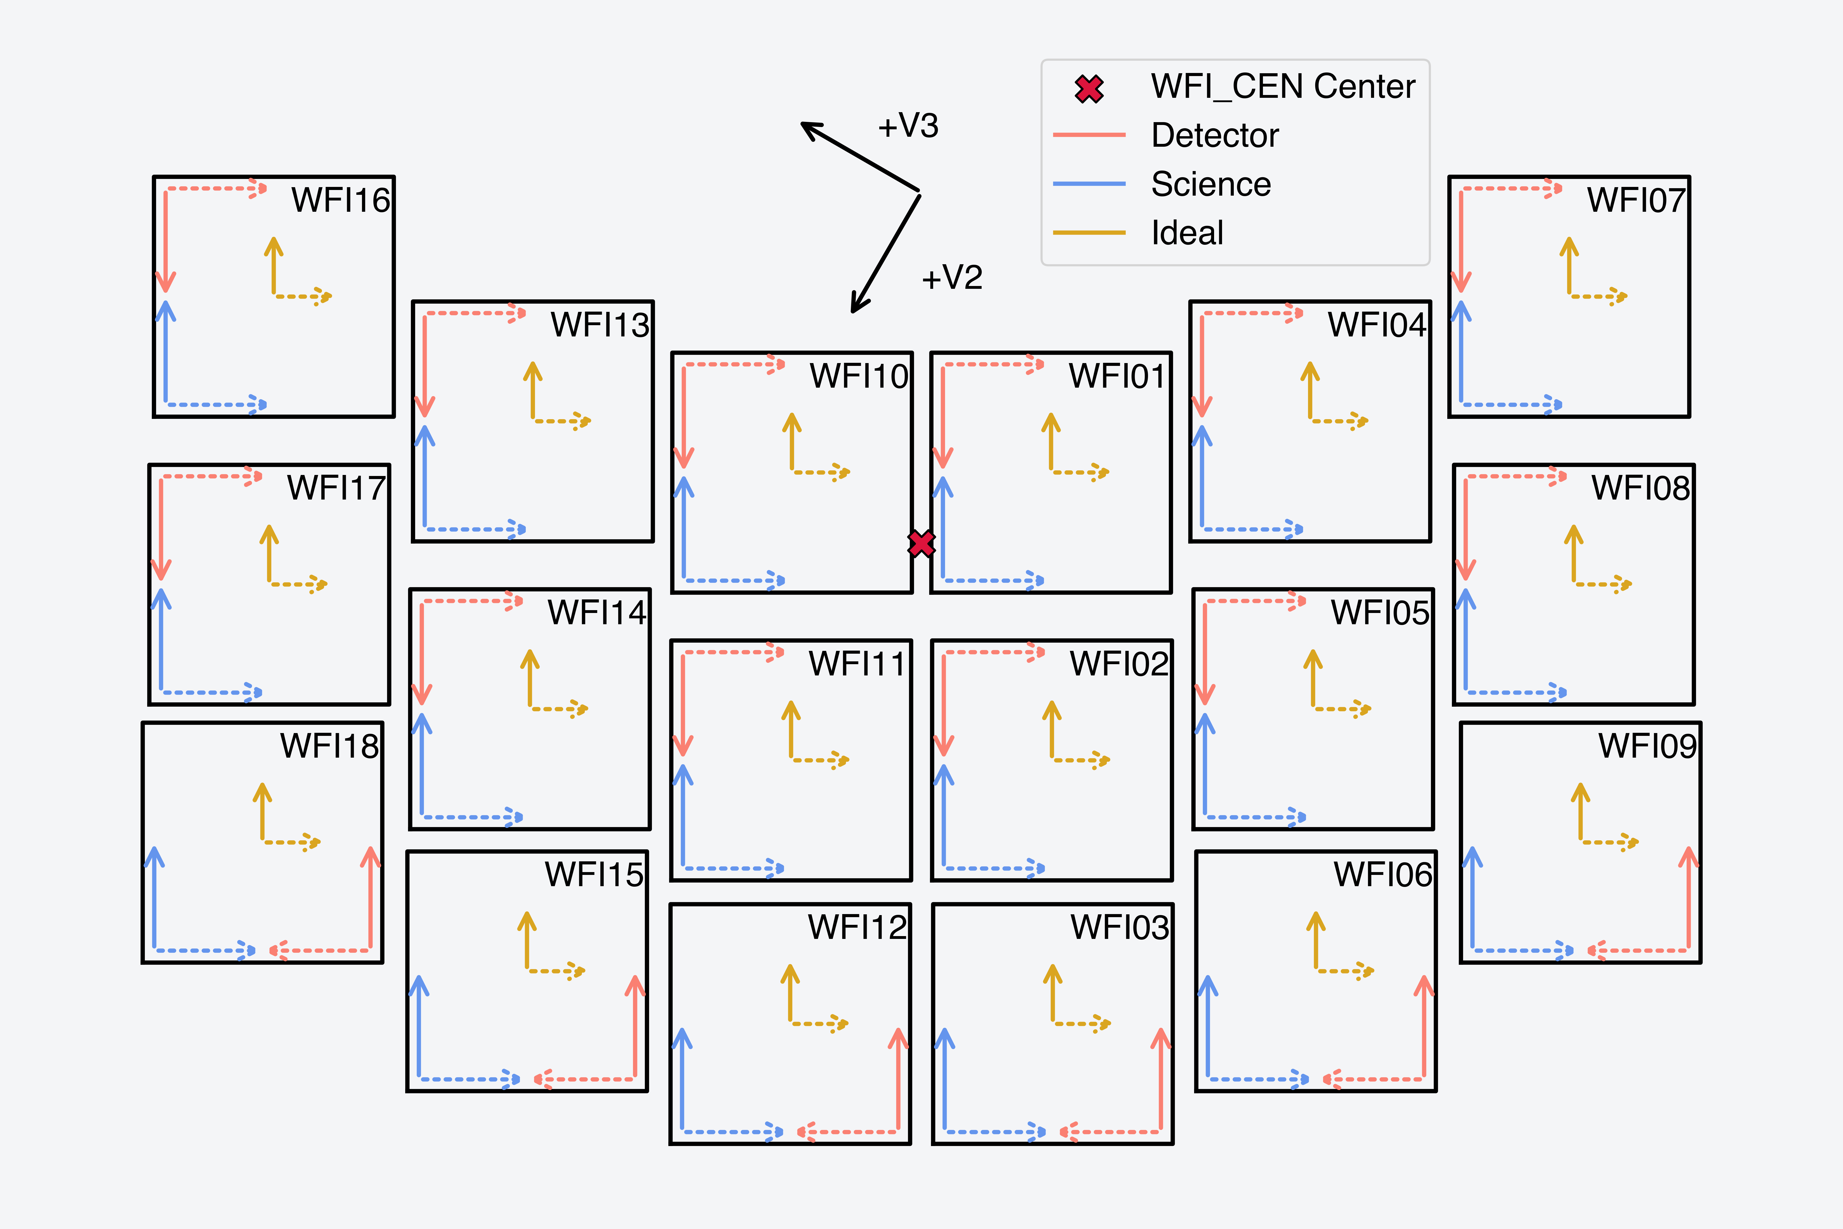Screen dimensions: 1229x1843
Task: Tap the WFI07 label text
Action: (1636, 201)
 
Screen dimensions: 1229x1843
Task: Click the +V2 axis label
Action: (952, 278)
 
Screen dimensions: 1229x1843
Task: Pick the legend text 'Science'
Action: (1211, 184)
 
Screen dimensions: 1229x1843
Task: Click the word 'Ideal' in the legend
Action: (1187, 233)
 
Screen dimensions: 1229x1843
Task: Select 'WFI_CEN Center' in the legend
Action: (1283, 86)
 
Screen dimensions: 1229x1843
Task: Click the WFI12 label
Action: (857, 927)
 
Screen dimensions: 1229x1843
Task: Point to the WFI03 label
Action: (1120, 927)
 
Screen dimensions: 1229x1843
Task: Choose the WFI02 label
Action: (1119, 664)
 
